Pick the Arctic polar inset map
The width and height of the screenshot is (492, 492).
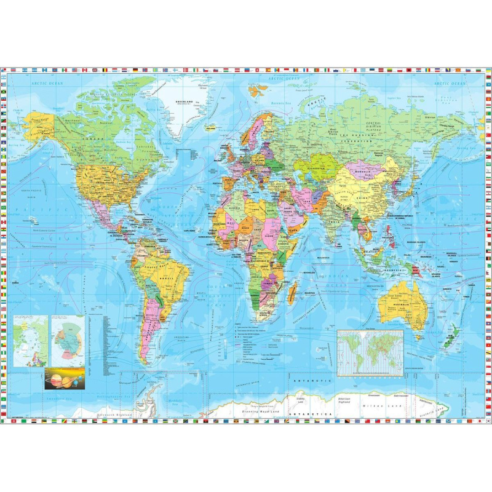point(30,340)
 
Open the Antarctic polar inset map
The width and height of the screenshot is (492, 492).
point(68,340)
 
